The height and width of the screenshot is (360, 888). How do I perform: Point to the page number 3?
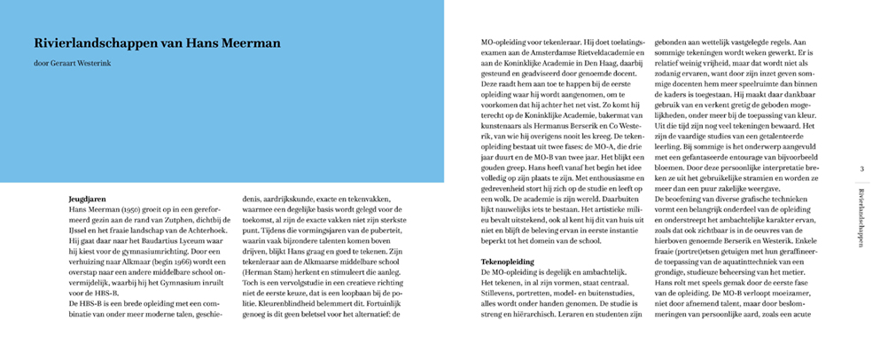point(862,168)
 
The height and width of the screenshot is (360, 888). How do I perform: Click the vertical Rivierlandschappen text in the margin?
point(862,221)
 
